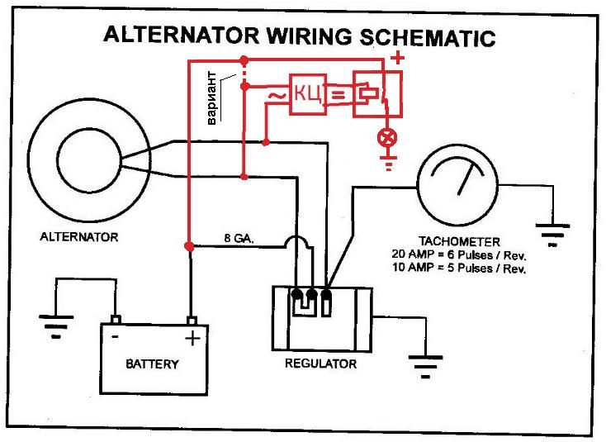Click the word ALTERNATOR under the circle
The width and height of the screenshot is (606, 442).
(79, 237)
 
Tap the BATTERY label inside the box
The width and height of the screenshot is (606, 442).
(152, 364)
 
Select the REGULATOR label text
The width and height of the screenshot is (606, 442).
(320, 364)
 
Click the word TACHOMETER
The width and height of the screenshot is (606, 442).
(459, 242)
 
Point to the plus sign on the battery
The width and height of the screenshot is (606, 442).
(193, 338)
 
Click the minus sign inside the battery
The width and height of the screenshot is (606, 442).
(116, 336)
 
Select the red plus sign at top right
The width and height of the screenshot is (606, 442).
(397, 59)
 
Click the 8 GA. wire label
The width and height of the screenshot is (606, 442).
(239, 238)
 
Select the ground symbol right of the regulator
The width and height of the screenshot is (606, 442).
(426, 363)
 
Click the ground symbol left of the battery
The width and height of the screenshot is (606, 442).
(55, 325)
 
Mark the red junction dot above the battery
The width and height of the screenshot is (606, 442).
(189, 246)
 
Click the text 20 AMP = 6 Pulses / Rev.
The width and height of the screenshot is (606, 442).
(459, 255)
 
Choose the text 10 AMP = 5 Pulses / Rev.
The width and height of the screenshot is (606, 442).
(459, 268)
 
